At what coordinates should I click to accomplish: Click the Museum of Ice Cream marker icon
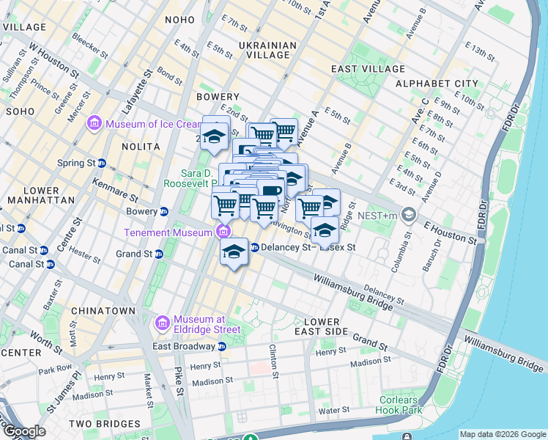tap(93, 123)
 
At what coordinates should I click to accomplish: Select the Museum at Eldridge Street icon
tap(162, 323)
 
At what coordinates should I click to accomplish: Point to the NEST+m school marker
tap(408, 216)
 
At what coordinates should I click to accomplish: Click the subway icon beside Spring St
tap(102, 163)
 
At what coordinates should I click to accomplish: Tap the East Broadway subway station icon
tap(221, 346)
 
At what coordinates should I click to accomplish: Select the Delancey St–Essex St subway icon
tap(254, 247)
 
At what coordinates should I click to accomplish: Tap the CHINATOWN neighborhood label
tap(104, 311)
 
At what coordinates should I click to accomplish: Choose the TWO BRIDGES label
tap(104, 424)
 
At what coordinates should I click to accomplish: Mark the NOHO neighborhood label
tap(180, 20)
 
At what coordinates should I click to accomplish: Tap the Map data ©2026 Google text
tap(502, 434)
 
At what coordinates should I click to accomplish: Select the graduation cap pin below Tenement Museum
tap(234, 252)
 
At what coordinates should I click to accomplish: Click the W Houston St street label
tap(53, 59)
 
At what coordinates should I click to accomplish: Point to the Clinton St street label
tap(274, 362)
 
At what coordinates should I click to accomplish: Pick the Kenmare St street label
tap(116, 189)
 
